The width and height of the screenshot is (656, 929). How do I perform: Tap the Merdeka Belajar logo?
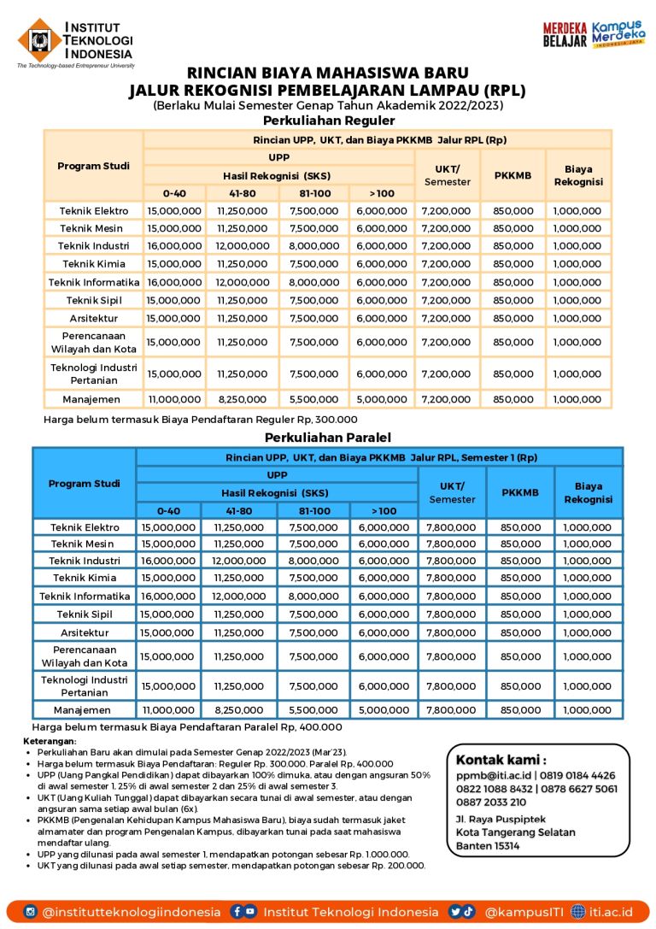(565, 35)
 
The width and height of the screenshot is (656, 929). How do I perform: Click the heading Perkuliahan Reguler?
(327, 121)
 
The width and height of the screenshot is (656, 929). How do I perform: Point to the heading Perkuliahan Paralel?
(327, 437)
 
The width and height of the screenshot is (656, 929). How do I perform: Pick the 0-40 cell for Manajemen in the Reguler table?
(174, 399)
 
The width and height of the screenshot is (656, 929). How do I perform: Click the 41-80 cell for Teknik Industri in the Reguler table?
(243, 246)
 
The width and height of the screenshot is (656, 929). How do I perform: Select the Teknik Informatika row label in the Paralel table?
(85, 596)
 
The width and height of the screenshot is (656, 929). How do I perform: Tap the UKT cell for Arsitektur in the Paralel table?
(451, 632)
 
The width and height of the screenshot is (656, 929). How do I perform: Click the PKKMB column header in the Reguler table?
(512, 175)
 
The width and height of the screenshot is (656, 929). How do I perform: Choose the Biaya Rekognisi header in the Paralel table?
(588, 492)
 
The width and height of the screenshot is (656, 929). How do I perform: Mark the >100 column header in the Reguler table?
(382, 193)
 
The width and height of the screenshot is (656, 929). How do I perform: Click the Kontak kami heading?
(501, 760)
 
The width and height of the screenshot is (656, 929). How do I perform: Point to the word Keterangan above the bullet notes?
(49, 741)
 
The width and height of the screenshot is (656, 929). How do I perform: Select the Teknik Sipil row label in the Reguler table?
(93, 300)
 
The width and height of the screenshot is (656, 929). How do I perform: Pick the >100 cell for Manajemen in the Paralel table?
(383, 710)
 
